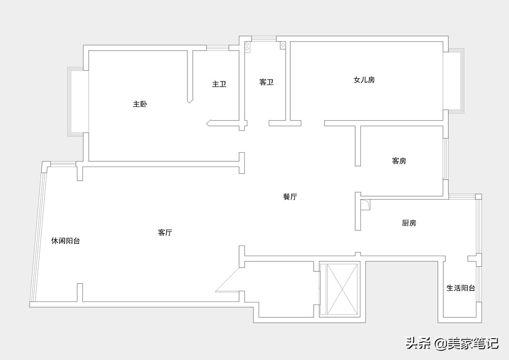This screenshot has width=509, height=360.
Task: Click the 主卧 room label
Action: pos(140,104)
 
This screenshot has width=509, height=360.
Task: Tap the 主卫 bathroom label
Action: pos(219,85)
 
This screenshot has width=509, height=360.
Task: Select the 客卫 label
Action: pos(266,82)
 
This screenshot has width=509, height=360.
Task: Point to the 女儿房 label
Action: pos(364,80)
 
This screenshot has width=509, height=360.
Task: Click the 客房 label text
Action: pos(399,161)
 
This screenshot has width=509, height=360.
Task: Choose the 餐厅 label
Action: pos(290,197)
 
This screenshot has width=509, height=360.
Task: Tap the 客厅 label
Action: pos(165,232)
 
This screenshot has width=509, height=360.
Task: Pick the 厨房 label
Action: pos(409,223)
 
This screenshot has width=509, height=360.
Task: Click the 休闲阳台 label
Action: pos(66,241)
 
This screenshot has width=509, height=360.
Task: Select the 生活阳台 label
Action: pos(461,288)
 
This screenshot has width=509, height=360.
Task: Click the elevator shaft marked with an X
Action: pos(342,290)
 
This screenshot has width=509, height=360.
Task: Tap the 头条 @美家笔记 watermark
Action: pos(452,343)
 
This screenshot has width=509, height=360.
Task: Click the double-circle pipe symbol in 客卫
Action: pos(247,46)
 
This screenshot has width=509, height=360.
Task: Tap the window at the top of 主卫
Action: pos(217,48)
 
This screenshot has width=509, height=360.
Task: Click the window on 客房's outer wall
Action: pos(446,159)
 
